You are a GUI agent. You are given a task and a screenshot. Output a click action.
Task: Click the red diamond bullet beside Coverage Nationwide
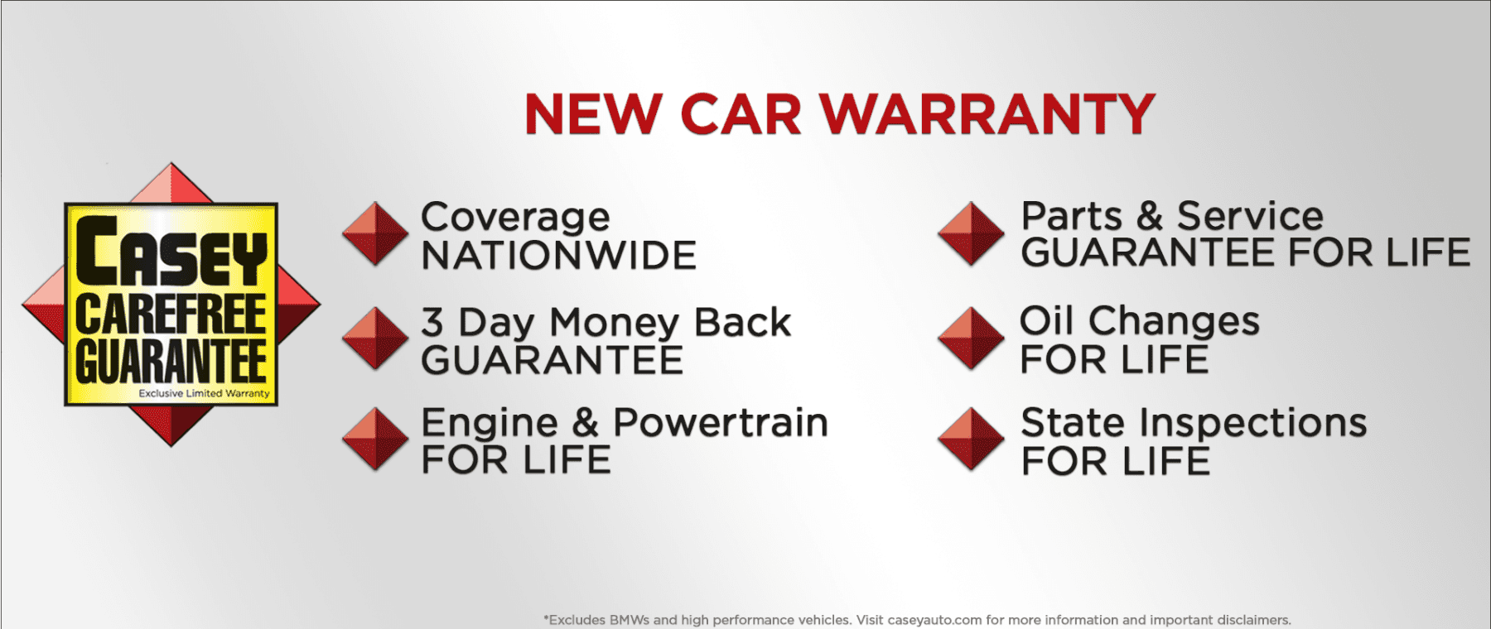[375, 233]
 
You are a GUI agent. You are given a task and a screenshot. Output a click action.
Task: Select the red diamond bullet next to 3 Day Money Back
[375, 339]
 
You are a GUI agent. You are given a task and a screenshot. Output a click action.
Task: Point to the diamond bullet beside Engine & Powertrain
[375, 439]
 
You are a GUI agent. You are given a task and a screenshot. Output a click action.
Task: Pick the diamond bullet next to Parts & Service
[971, 233]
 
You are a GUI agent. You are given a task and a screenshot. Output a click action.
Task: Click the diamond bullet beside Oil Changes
[971, 339]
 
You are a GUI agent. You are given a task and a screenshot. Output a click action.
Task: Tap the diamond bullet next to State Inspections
[971, 439]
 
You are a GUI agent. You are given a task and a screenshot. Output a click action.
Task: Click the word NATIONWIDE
[559, 256]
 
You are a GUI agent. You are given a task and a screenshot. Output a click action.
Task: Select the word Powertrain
[720, 423]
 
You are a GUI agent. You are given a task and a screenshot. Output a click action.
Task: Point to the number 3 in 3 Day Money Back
[432, 322]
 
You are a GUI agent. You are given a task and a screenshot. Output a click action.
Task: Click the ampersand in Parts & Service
[1149, 217]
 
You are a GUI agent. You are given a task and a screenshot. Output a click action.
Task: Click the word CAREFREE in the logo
[171, 314]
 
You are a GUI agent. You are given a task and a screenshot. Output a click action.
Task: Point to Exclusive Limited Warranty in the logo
[204, 394]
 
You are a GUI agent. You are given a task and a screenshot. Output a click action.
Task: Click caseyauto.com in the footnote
[934, 620]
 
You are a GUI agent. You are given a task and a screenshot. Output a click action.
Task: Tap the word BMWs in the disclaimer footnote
[629, 620]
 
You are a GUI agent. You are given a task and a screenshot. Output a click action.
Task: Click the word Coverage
[515, 218]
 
